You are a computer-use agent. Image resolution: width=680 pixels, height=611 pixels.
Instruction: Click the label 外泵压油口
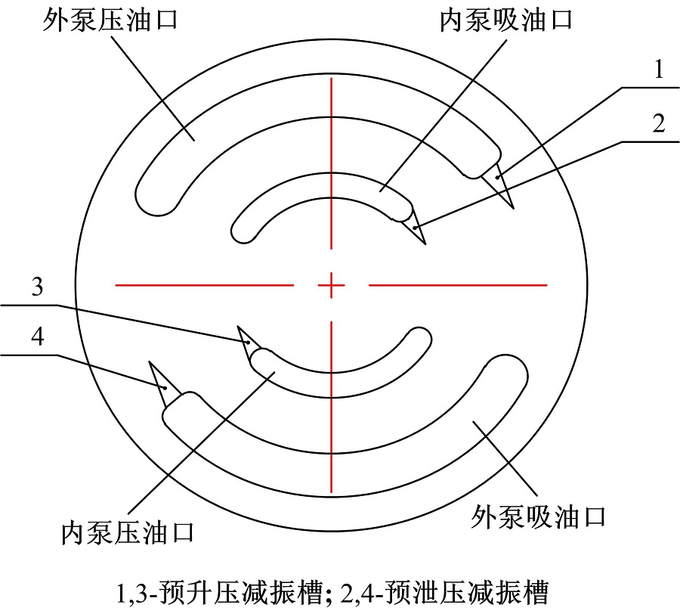110,20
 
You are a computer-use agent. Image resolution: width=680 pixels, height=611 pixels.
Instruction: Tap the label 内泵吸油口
506,20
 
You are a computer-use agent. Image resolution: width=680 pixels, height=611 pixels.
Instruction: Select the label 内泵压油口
127,533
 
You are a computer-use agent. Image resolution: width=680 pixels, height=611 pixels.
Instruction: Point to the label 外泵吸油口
538,516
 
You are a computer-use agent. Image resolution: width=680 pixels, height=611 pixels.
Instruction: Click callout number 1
659,70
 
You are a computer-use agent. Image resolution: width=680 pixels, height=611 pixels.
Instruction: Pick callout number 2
658,124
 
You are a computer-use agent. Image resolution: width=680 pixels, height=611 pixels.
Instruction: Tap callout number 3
37,287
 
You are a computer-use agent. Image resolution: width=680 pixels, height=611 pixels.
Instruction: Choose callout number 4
38,337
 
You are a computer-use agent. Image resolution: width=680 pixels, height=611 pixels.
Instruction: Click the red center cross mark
332,285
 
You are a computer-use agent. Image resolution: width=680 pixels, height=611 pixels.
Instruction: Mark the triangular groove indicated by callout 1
500,182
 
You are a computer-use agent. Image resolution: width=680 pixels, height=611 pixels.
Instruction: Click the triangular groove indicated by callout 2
416,225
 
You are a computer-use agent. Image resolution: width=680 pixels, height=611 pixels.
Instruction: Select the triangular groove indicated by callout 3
247,343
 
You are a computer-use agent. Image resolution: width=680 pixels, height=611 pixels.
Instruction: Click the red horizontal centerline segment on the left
204,285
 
